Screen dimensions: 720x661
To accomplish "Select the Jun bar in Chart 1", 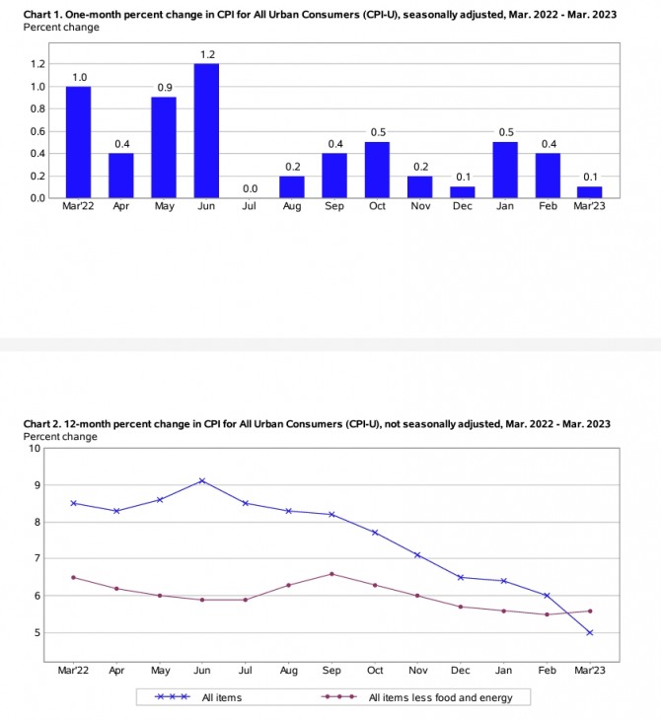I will pyautogui.click(x=205, y=130).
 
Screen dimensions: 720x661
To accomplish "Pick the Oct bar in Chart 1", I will pyautogui.click(x=376, y=170).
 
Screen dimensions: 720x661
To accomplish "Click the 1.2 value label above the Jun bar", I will pyautogui.click(x=205, y=54).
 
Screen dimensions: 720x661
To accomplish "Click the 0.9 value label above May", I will pyautogui.click(x=163, y=88).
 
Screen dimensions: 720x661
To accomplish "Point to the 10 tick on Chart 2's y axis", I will pyautogui.click(x=36, y=448).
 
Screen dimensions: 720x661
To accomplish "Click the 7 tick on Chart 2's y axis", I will pyautogui.click(x=37, y=558).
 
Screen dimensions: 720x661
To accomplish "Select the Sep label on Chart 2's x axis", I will pyautogui.click(x=331, y=670).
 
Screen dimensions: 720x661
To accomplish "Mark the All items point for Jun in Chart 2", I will pyautogui.click(x=202, y=481).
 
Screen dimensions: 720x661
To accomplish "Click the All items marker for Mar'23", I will pyautogui.click(x=589, y=632).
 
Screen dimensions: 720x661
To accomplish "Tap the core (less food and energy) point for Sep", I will pyautogui.click(x=331, y=573).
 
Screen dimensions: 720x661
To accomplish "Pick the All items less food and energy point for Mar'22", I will pyautogui.click(x=74, y=577).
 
